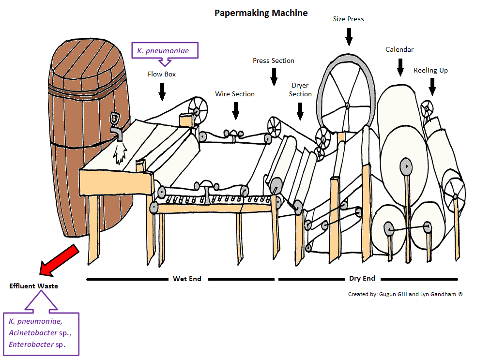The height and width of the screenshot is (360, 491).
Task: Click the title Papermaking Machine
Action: pos(261,13)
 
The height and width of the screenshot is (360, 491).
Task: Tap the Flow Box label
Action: pos(162,75)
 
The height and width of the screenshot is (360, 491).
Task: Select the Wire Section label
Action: pos(235,94)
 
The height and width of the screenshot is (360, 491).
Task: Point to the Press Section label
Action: pos(274,60)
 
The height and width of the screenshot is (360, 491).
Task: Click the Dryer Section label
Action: pos(300,90)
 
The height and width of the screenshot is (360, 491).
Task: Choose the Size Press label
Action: pos(349,19)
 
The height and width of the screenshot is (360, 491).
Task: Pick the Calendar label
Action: pos(399,49)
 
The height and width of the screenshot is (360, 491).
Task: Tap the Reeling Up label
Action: pos(430,70)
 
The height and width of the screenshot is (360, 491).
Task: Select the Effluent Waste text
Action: pos(33,286)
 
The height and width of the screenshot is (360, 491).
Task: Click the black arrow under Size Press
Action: pos(349,36)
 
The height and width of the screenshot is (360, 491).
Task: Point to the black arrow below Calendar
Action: pos(400,67)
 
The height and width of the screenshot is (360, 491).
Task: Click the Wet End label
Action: pos(187,279)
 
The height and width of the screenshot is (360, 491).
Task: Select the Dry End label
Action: pos(362,278)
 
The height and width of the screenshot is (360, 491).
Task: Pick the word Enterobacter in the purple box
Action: pos(30,345)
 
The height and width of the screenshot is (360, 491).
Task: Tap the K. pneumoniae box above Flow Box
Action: pos(165,49)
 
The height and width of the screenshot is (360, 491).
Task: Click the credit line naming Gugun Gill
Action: pos(405,294)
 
